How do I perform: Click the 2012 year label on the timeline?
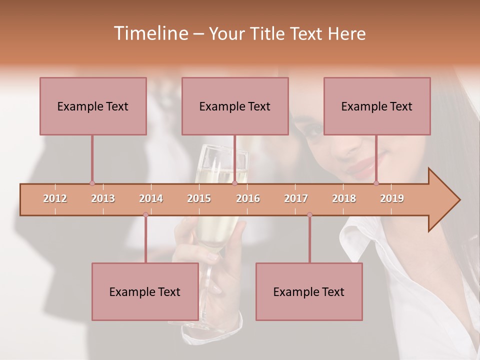coord(55,198)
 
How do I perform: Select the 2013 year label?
coord(103,198)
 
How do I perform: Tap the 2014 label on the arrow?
coord(151,198)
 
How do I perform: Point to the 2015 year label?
coord(199,198)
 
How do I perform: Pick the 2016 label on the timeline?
coord(248,198)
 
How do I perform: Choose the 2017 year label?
coord(296,198)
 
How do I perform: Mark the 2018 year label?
coord(344,198)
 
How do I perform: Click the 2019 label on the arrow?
coord(392,198)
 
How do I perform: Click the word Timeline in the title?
coord(150,33)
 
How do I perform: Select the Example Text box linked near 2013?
coord(93,106)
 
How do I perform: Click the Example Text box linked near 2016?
coord(235,106)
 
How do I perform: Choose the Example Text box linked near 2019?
coord(377,106)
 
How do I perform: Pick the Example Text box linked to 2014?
coord(145,291)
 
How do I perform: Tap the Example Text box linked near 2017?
coord(309,291)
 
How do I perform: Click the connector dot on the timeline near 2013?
coord(92,183)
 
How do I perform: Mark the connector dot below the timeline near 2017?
coord(309,215)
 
